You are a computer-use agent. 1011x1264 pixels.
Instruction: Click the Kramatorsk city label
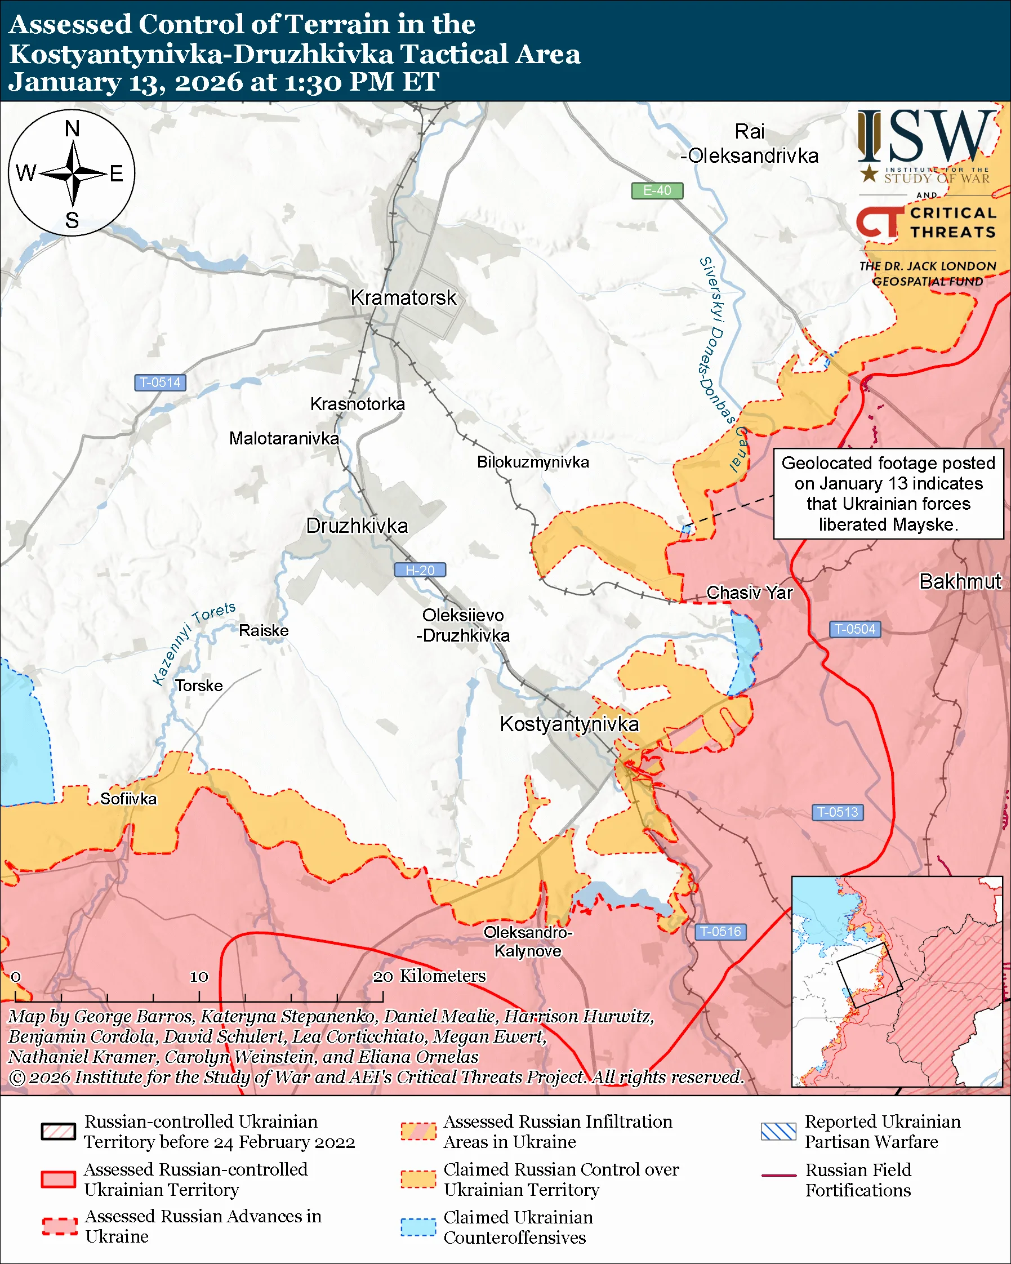point(403,298)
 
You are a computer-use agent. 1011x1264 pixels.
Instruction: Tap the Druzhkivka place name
point(357,526)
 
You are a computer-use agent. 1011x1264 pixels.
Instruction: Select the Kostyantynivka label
point(569,724)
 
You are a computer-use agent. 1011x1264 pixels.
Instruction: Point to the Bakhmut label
point(960,581)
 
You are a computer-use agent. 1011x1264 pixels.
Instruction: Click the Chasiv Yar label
point(749,593)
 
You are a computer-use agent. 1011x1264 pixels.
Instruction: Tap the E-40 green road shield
point(657,190)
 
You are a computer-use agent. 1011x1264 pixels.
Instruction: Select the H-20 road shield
point(420,570)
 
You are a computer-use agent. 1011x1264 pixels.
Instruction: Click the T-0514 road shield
point(160,382)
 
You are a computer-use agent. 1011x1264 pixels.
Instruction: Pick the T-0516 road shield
point(720,932)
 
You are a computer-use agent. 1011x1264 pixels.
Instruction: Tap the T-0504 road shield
point(854,629)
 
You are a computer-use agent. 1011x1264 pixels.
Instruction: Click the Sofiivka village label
point(128,799)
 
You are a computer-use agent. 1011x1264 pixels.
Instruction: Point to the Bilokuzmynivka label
point(533,462)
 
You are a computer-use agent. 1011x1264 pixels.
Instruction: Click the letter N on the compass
point(72,128)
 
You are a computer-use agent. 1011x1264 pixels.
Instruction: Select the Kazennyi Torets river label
point(193,643)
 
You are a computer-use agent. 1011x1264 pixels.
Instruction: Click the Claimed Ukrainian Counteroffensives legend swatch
point(418,1227)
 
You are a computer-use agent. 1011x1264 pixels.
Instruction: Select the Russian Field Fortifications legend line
point(778,1176)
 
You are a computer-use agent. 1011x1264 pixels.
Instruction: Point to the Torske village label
point(199,686)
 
